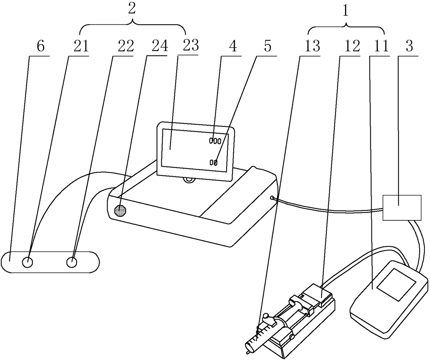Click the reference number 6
(x=40, y=46)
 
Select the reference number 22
(x=125, y=46)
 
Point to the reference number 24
(x=159, y=46)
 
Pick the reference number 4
(x=232, y=46)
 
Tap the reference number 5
(x=267, y=46)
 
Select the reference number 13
(x=312, y=46)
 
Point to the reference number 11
(x=381, y=46)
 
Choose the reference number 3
(x=410, y=46)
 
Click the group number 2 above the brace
(x=131, y=9)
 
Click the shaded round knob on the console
(x=120, y=210)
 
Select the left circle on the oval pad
(x=28, y=262)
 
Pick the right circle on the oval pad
(x=71, y=262)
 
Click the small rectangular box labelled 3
(x=402, y=208)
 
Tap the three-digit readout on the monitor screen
(x=215, y=141)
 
